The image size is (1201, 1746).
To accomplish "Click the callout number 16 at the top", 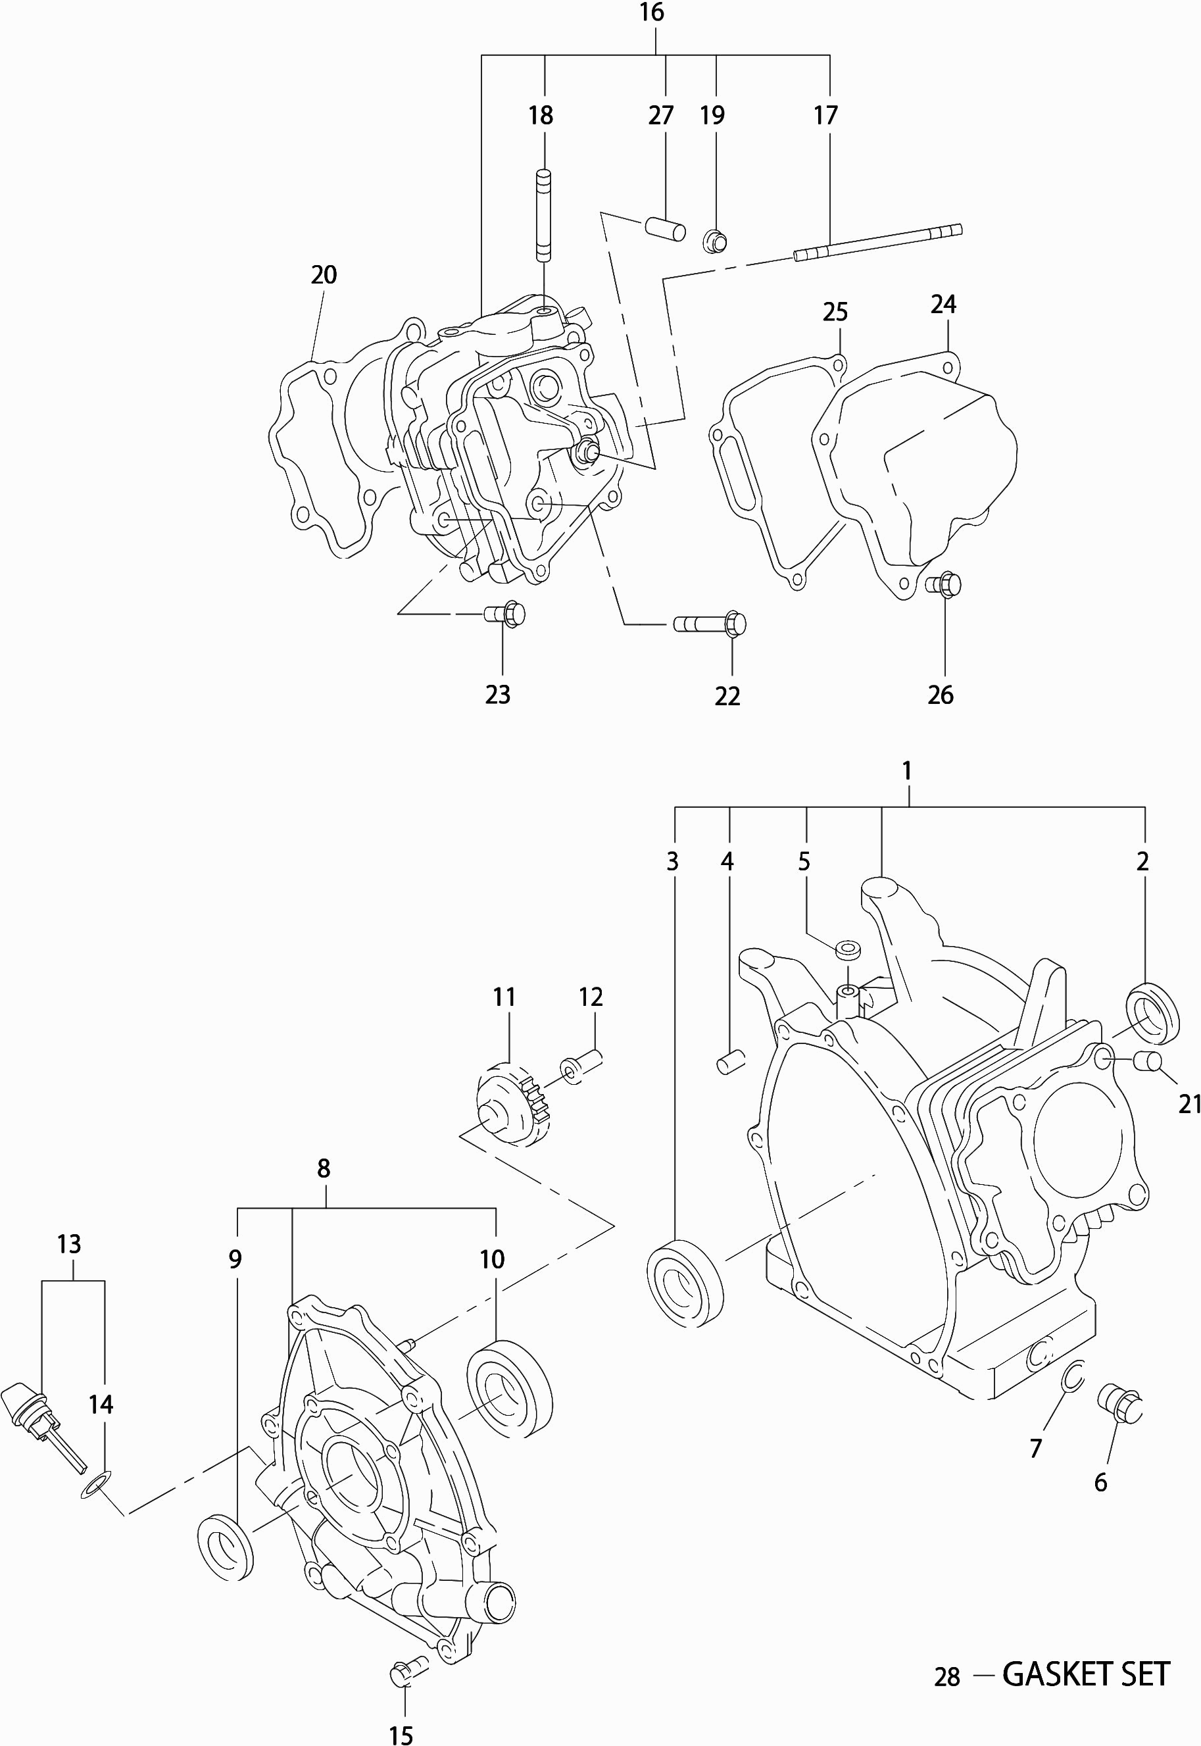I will pyautogui.click(x=652, y=12).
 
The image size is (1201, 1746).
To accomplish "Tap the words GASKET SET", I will pyautogui.click(x=1086, y=1675).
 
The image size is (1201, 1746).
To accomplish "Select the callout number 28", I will pyautogui.click(x=946, y=1678).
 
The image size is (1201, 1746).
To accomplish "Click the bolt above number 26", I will pyautogui.click(x=944, y=584).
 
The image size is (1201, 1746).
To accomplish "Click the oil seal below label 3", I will pyautogui.click(x=684, y=1282).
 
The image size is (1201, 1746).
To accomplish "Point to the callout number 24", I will pyautogui.click(x=943, y=304).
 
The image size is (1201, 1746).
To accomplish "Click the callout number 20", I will pyautogui.click(x=324, y=275).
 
